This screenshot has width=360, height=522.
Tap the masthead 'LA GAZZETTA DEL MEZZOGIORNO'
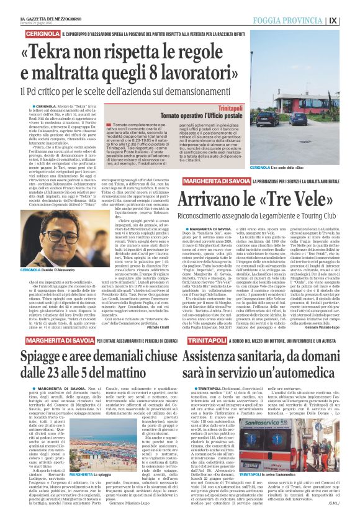coord(38,5)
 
